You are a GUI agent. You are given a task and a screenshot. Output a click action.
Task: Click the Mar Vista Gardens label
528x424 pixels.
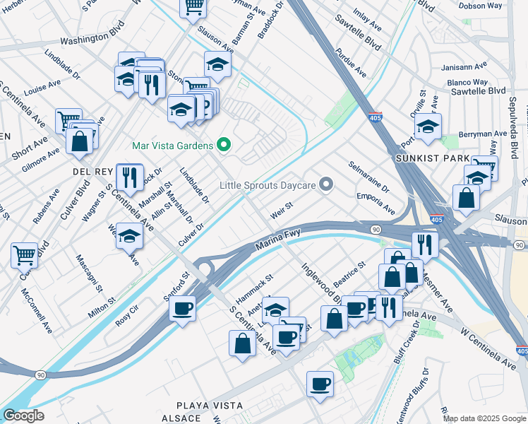pyautogui.click(x=172, y=146)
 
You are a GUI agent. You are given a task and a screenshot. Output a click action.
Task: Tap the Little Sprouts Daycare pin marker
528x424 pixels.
pyautogui.click(x=325, y=185)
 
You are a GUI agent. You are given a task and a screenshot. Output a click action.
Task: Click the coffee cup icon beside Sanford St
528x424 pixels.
pyautogui.click(x=182, y=309)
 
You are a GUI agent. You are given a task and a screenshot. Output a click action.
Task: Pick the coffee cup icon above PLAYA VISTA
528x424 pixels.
pyautogui.click(x=320, y=384)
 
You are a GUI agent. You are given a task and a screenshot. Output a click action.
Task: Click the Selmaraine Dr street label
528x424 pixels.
pyautogui.click(x=369, y=176)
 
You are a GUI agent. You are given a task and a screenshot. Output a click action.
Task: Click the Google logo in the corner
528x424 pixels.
pyautogui.click(x=23, y=416)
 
